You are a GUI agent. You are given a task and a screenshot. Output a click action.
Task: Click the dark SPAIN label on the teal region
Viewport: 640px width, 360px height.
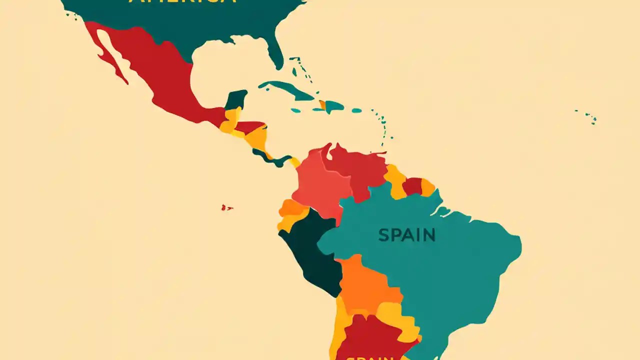pos(406,235)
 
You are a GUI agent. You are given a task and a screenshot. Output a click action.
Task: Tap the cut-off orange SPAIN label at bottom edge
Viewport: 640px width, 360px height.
pos(370,357)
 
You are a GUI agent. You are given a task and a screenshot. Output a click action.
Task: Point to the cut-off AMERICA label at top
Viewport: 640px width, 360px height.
pos(182,2)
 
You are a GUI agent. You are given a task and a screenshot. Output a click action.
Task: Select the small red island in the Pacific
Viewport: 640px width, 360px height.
pos(226,207)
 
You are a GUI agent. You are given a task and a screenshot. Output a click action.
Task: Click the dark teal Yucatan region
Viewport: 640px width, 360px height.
pos(236,99)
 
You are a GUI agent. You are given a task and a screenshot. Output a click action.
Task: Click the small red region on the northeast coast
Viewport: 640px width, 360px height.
pos(412,186)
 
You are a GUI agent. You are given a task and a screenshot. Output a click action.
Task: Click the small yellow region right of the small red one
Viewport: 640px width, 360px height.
pos(428,187)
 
